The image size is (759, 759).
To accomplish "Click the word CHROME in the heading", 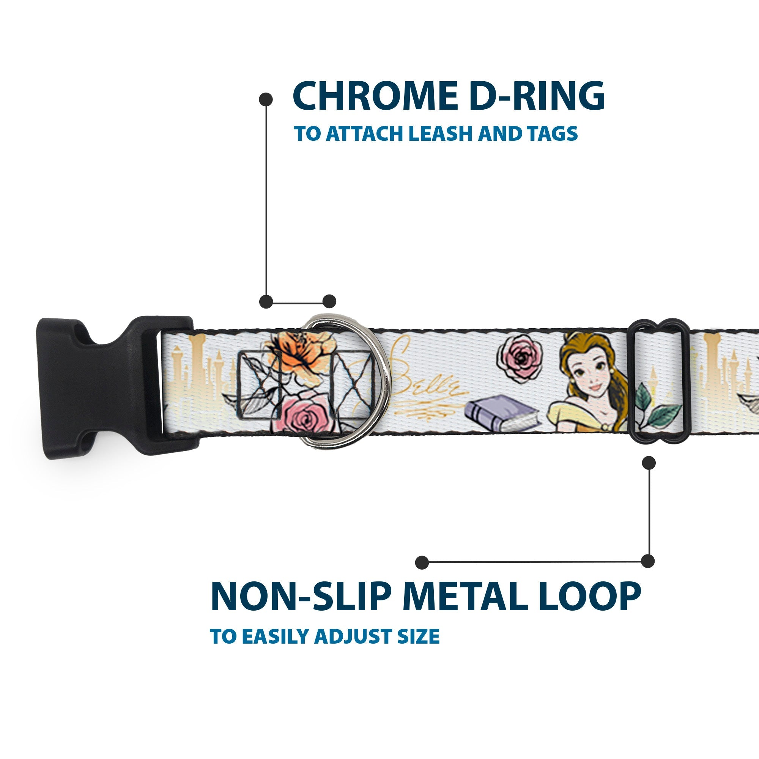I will point(375,96).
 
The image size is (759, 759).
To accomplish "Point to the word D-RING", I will point(537,96).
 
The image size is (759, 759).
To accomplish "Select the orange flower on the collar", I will point(299,356).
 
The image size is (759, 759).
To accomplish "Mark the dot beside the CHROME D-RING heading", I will point(266,99).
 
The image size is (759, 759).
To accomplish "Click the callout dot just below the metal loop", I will point(649,463).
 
